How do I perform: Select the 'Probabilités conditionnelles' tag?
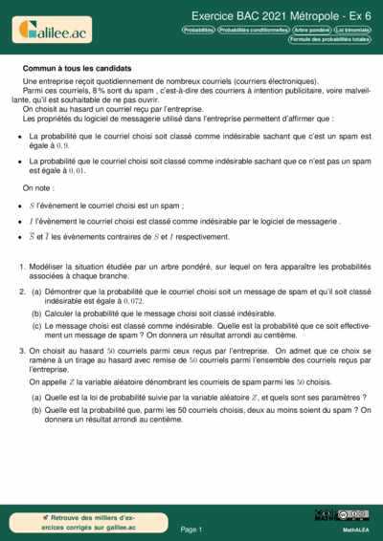(x=254, y=30)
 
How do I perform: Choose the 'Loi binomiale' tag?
(x=351, y=30)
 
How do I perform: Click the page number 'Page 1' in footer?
(x=191, y=528)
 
